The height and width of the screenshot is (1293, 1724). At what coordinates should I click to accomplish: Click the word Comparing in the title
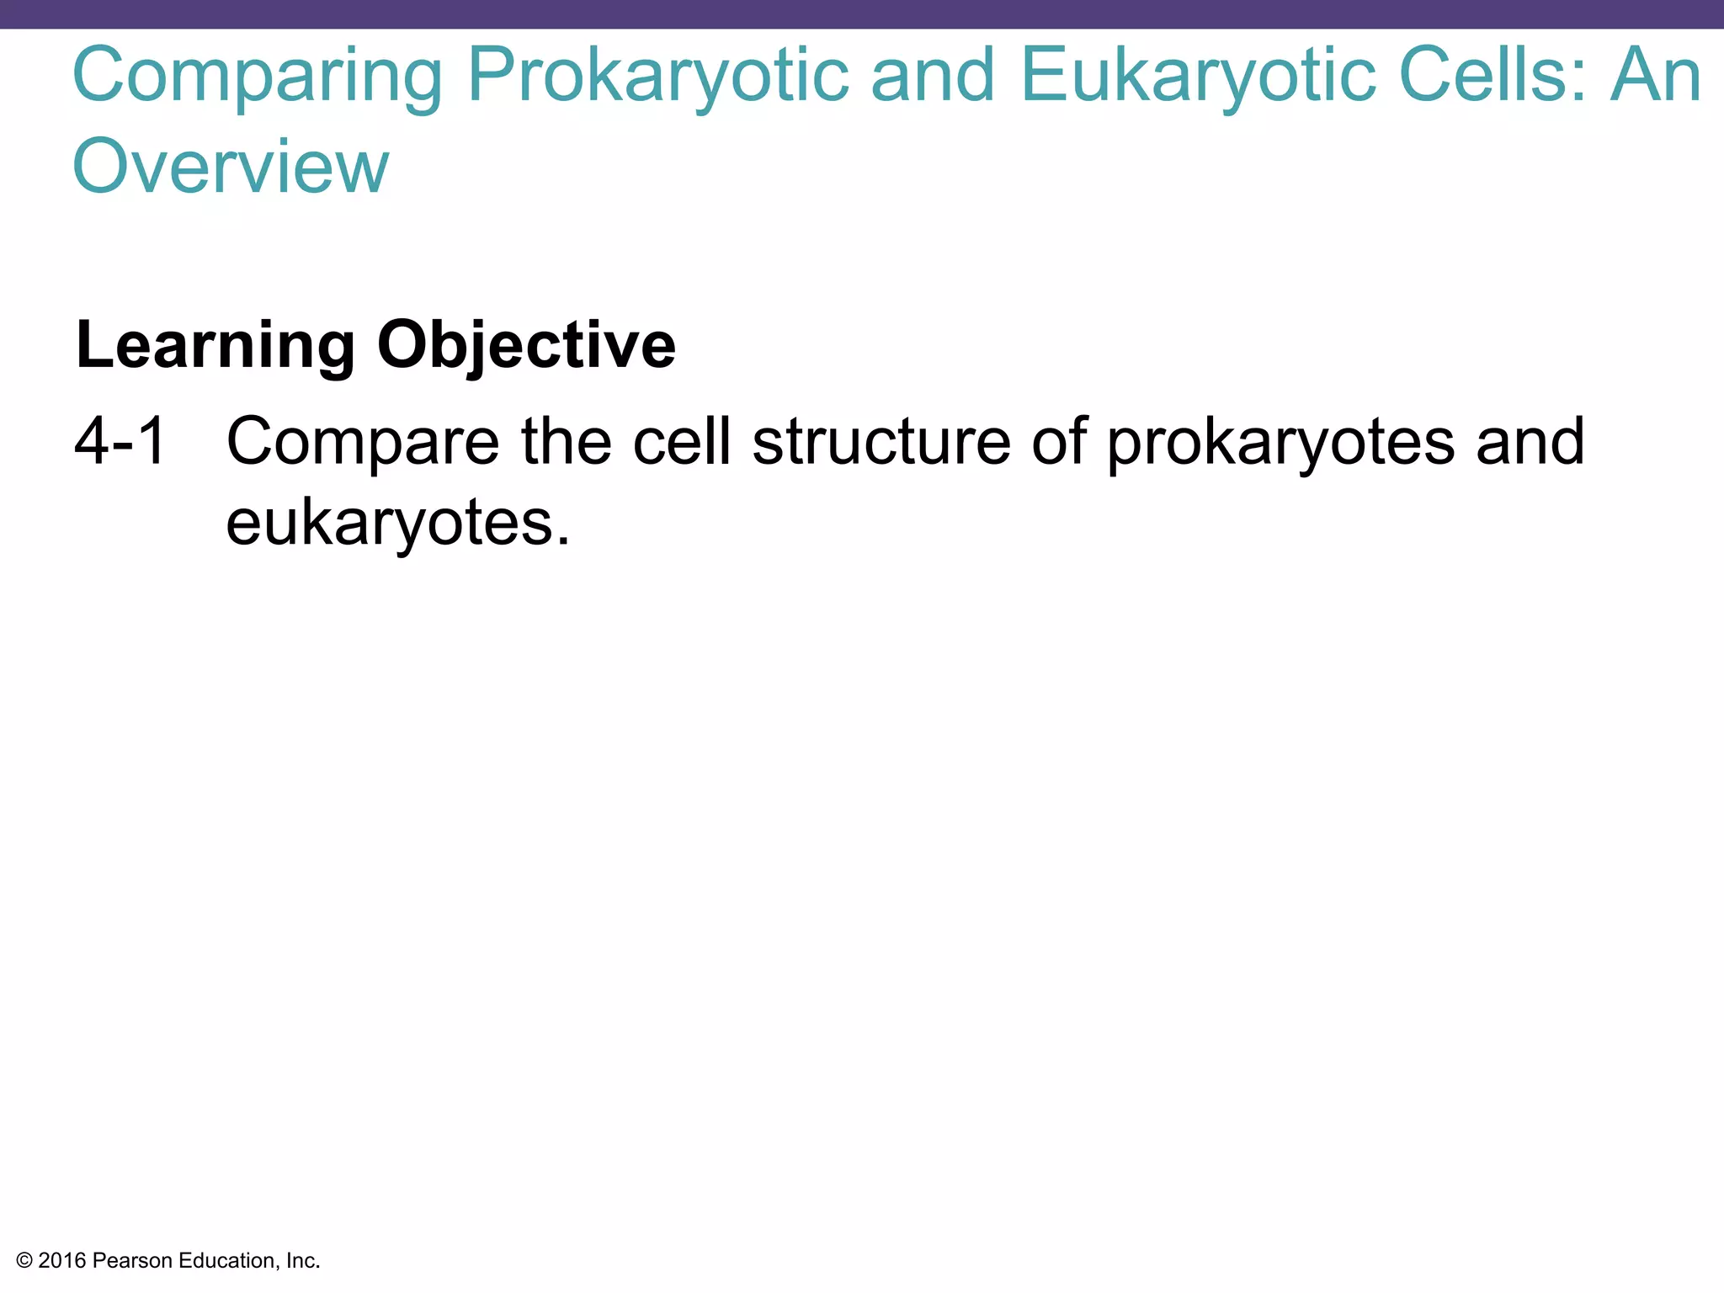pyautogui.click(x=258, y=77)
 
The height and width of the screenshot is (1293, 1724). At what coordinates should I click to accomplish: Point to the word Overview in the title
pyautogui.click(x=231, y=167)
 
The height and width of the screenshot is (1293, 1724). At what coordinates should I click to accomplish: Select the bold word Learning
pyautogui.click(x=215, y=346)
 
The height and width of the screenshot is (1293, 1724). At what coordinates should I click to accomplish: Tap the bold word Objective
pyautogui.click(x=526, y=346)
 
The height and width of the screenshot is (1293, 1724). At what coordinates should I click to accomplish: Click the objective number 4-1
pyautogui.click(x=120, y=441)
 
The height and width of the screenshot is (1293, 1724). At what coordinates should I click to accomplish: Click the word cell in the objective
pyautogui.click(x=682, y=441)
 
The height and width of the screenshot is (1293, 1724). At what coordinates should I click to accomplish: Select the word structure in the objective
pyautogui.click(x=881, y=441)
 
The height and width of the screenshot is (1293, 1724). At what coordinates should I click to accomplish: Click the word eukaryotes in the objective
pyautogui.click(x=397, y=524)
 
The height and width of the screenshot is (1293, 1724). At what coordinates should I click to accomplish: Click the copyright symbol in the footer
pyautogui.click(x=24, y=1261)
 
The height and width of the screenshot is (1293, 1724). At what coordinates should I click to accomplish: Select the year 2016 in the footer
pyautogui.click(x=62, y=1261)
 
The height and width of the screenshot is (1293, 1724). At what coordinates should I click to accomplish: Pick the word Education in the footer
pyautogui.click(x=227, y=1261)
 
